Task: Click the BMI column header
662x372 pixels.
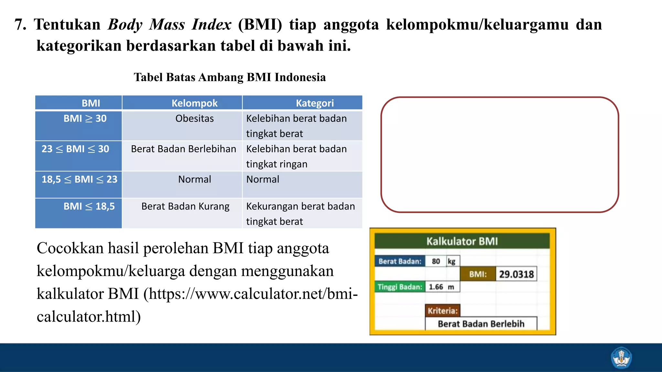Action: tap(91, 103)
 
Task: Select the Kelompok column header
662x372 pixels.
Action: tap(195, 103)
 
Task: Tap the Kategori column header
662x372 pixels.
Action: tap(315, 103)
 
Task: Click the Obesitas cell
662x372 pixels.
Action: tap(195, 119)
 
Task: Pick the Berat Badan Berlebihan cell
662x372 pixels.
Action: tap(184, 149)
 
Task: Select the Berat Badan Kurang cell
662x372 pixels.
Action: tap(186, 206)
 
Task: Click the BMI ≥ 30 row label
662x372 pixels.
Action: tap(85, 119)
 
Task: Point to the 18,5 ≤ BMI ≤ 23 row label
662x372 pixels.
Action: tap(80, 179)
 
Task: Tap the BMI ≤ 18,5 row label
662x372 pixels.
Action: tap(89, 206)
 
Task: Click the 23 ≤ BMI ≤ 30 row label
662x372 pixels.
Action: tap(75, 149)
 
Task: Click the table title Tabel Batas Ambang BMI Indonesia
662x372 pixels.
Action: tap(230, 77)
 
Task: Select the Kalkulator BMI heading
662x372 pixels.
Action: tap(462, 241)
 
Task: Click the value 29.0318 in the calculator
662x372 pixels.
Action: tap(516, 274)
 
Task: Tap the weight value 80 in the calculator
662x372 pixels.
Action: tap(436, 261)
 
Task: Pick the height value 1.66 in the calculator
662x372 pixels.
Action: tap(436, 287)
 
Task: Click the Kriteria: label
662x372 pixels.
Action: tap(443, 311)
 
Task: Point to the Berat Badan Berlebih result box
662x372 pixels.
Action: tap(481, 324)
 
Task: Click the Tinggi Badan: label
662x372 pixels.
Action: tap(400, 287)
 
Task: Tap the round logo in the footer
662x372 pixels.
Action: tap(621, 357)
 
